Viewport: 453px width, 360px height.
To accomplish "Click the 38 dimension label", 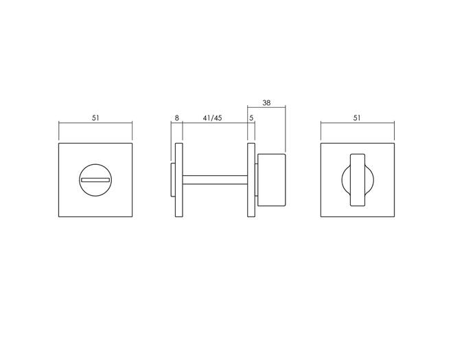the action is pos(266,102).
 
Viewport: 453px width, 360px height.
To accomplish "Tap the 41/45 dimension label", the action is pos(212,118).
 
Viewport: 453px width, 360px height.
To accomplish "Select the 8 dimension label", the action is pos(177,118).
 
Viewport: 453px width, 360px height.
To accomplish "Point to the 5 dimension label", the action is pos(251,118).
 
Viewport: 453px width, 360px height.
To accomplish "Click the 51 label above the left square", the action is pos(95,118).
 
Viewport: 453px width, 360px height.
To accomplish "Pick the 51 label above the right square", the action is pos(357,118).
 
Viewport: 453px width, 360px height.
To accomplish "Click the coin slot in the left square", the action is pos(95,180).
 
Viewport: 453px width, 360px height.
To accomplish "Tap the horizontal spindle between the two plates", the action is pos(215,180).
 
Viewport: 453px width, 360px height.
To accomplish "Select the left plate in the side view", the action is pos(179,180).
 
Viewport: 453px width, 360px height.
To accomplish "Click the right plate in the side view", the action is pos(251,180).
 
